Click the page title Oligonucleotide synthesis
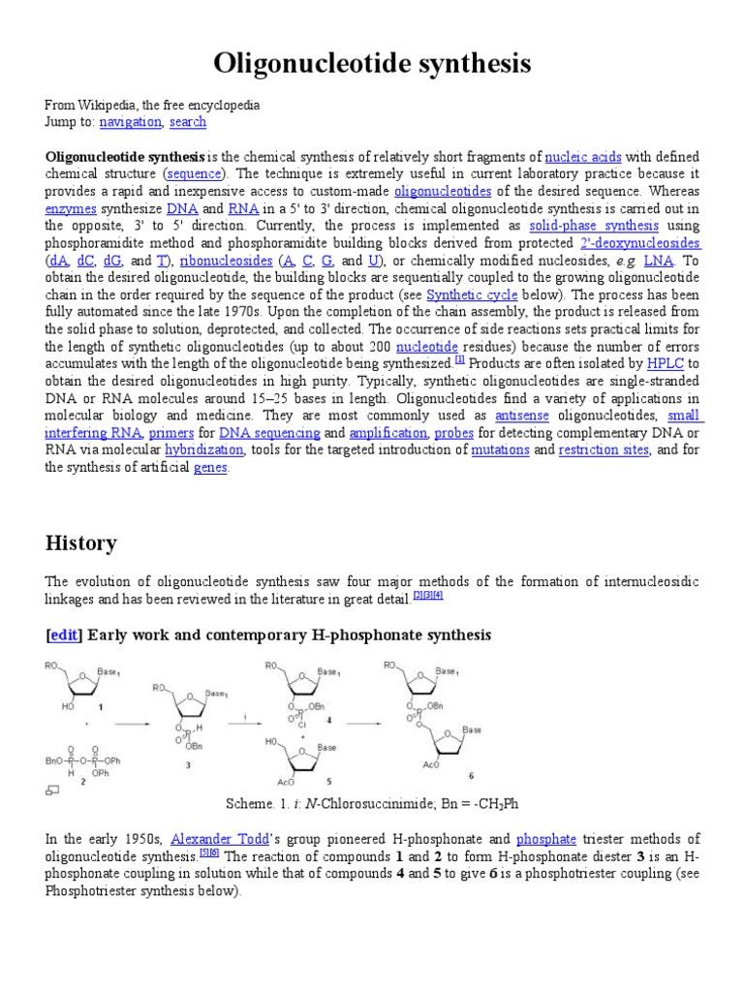pos(372,64)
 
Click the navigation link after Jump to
pos(130,122)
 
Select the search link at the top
pos(187,122)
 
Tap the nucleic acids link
pos(583,157)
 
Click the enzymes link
pos(71,209)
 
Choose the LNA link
pos(658,262)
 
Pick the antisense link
pos(521,417)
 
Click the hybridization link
pos(203,451)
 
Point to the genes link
pos(210,469)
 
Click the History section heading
pos(81,543)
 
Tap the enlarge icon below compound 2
pos(52,790)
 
